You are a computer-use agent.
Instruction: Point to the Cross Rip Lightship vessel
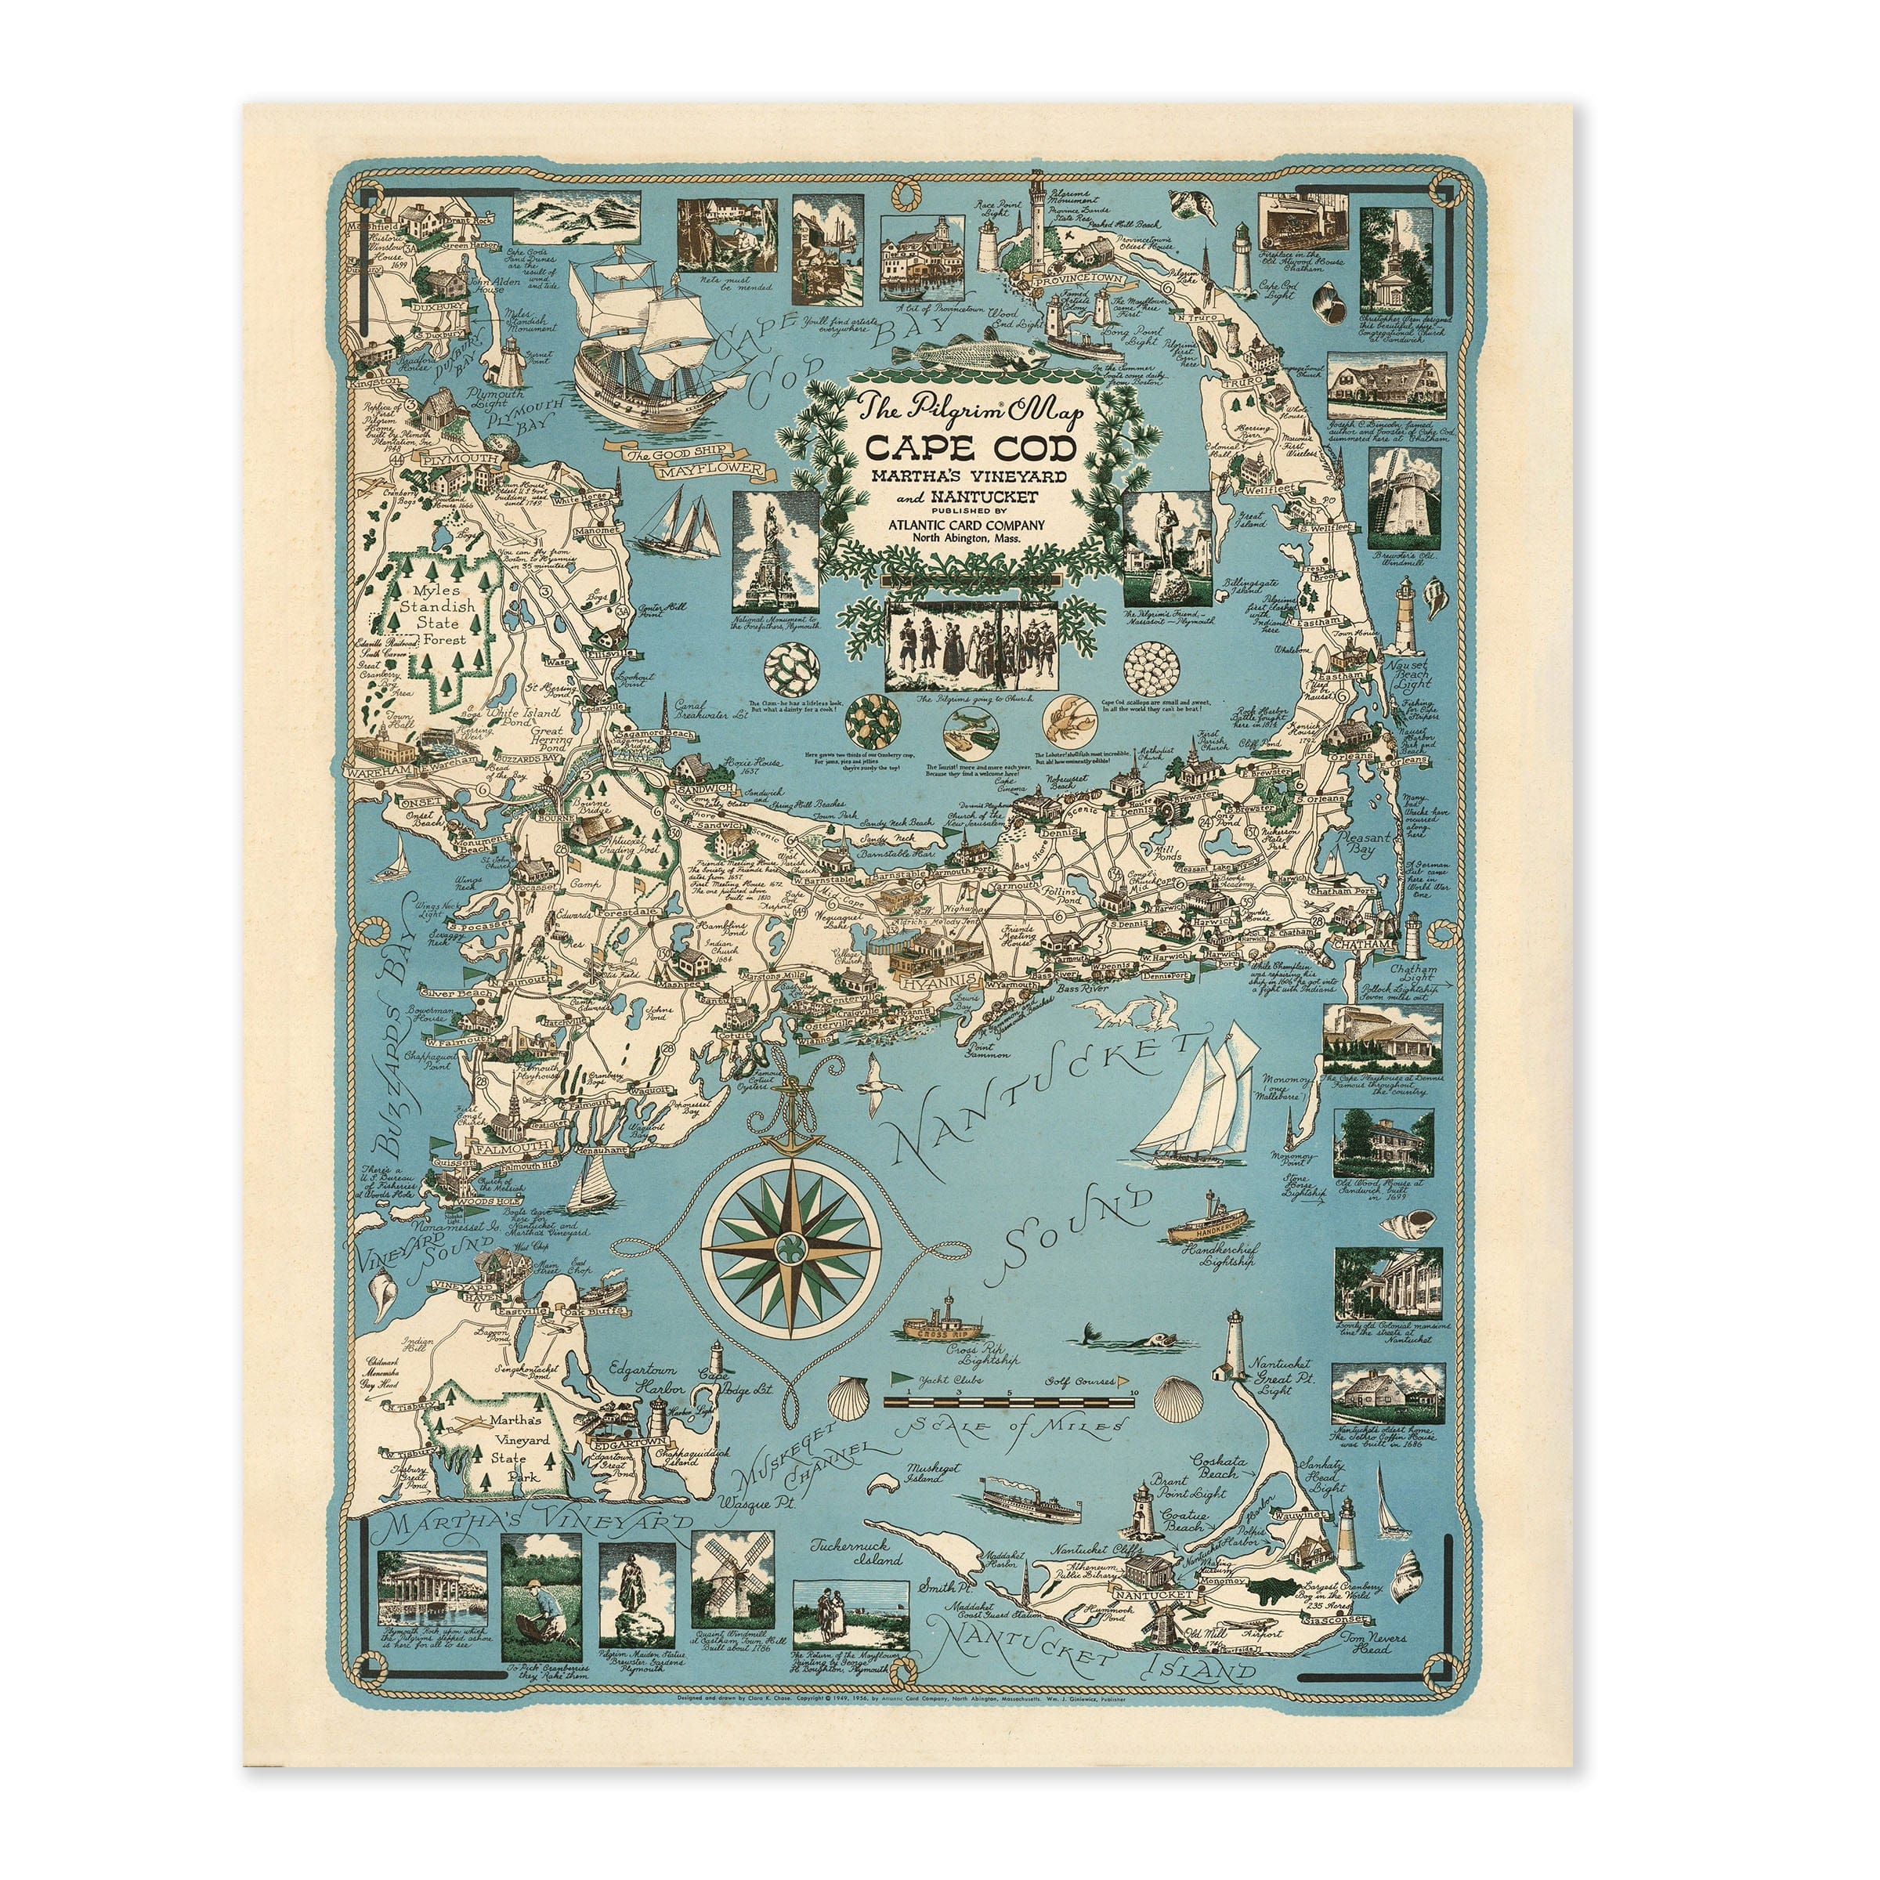[942, 1325]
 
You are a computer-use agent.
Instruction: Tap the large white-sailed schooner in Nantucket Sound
[1197, 1104]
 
